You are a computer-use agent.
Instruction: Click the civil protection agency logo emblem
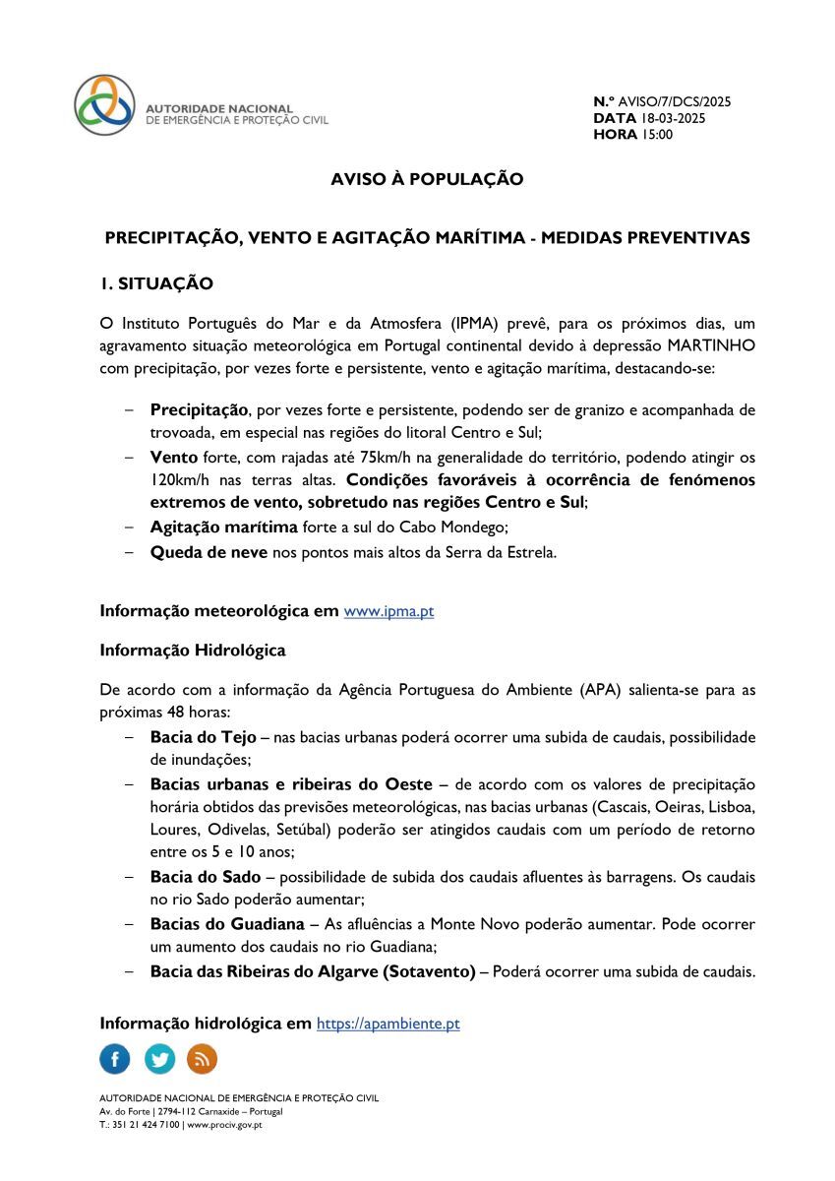pyautogui.click(x=104, y=104)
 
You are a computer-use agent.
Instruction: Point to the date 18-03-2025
pyautogui.click(x=673, y=118)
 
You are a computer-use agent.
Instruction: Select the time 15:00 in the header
pyautogui.click(x=657, y=135)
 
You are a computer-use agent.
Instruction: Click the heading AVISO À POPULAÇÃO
pyautogui.click(x=427, y=179)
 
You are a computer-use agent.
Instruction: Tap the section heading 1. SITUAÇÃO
pyautogui.click(x=156, y=283)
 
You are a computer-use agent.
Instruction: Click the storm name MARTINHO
pyautogui.click(x=711, y=346)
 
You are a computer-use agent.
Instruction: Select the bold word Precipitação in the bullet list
pyautogui.click(x=199, y=409)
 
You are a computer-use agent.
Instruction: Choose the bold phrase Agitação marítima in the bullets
pyautogui.click(x=223, y=528)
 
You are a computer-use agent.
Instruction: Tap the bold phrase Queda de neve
pyautogui.click(x=209, y=552)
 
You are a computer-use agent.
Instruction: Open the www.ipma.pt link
pyautogui.click(x=388, y=611)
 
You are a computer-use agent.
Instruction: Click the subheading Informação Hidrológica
pyautogui.click(x=193, y=651)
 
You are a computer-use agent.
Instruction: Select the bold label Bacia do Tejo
pyautogui.click(x=203, y=737)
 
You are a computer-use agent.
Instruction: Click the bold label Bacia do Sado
pyautogui.click(x=206, y=877)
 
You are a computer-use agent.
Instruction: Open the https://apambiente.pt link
pyautogui.click(x=388, y=1024)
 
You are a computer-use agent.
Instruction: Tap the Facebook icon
pyautogui.click(x=115, y=1059)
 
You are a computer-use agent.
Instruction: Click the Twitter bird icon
pyautogui.click(x=159, y=1059)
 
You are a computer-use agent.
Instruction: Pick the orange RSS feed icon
pyautogui.click(x=203, y=1059)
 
